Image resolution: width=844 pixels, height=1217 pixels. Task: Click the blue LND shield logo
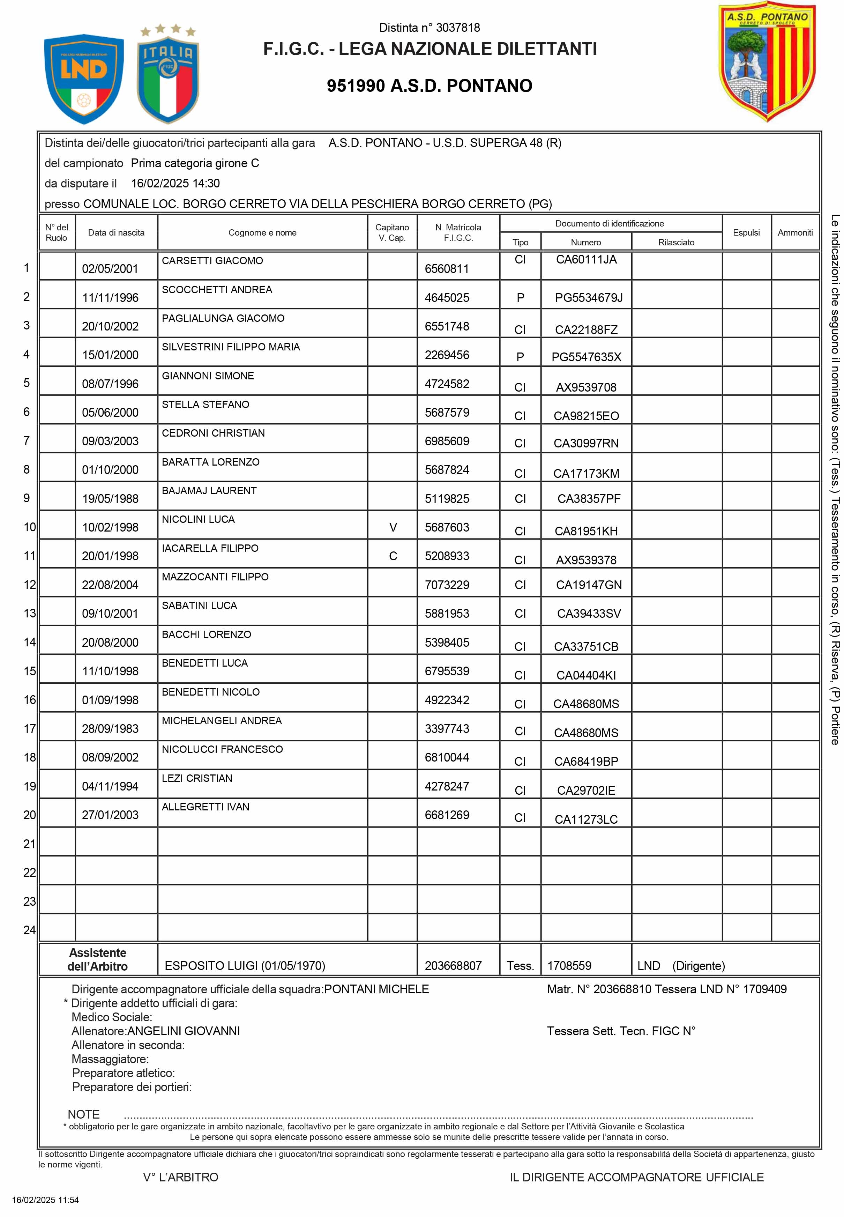(83, 78)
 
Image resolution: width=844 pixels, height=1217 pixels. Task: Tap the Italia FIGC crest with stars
(167, 75)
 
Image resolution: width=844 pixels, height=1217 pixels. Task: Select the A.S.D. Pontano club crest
(767, 62)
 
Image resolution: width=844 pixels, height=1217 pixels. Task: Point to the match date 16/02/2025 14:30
(175, 184)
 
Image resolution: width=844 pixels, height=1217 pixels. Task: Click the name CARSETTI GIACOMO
(212, 261)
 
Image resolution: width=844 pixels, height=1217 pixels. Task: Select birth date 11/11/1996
(110, 298)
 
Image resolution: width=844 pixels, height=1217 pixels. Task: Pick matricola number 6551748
(447, 326)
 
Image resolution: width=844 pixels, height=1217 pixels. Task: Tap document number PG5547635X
(586, 357)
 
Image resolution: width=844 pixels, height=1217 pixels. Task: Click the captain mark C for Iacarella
(393, 556)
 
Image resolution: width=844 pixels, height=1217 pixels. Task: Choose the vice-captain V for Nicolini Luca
(393, 527)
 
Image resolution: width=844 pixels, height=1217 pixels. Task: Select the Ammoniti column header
(795, 233)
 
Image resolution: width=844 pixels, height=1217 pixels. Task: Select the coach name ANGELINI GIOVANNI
(184, 1031)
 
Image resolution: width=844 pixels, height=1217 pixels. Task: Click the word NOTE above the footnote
(83, 1114)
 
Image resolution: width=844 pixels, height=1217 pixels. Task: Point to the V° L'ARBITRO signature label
(180, 1177)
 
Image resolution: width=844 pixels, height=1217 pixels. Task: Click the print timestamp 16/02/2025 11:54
(45, 1200)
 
